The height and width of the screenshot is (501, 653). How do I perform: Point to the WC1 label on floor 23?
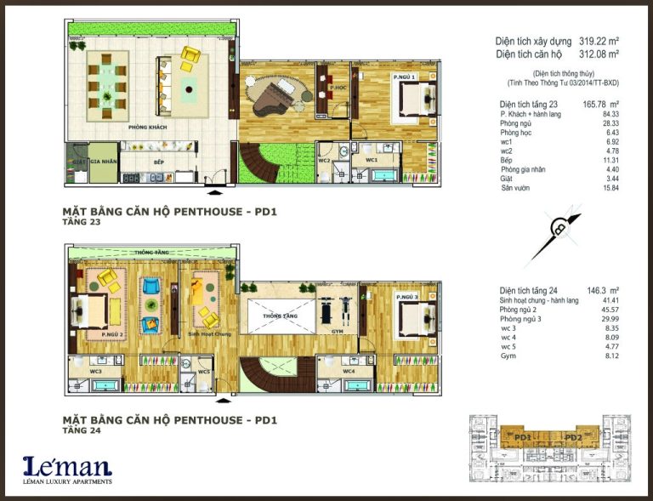pos(372,159)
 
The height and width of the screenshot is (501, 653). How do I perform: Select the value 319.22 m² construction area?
pos(593,41)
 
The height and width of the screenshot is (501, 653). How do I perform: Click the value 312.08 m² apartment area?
pos(593,54)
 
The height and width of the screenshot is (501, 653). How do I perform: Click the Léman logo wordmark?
pos(67,466)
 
